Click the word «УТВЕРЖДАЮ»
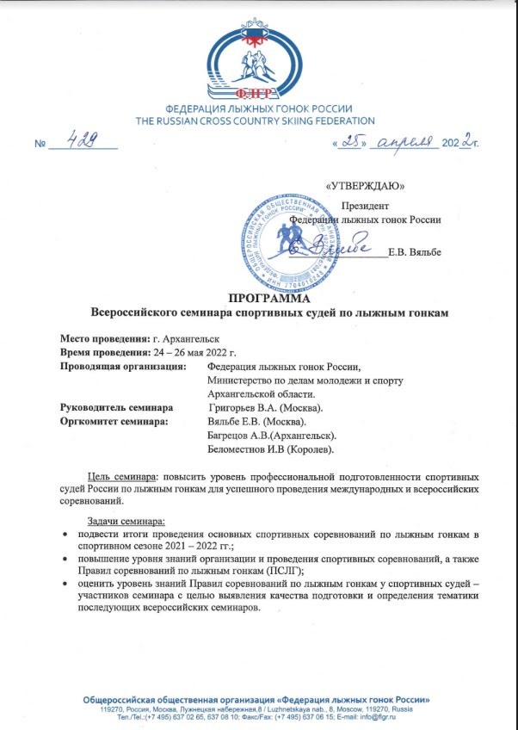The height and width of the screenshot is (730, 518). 367,185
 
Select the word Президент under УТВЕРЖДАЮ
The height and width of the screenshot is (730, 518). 366,206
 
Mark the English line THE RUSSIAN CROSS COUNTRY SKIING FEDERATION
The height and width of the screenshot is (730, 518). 255,121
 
